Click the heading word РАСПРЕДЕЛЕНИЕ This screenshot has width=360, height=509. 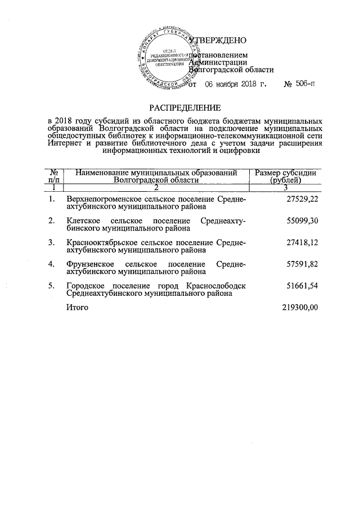[x=185, y=107]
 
